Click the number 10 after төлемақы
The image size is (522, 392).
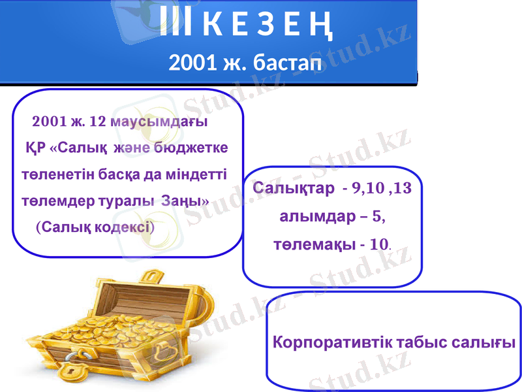(x=379, y=245)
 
